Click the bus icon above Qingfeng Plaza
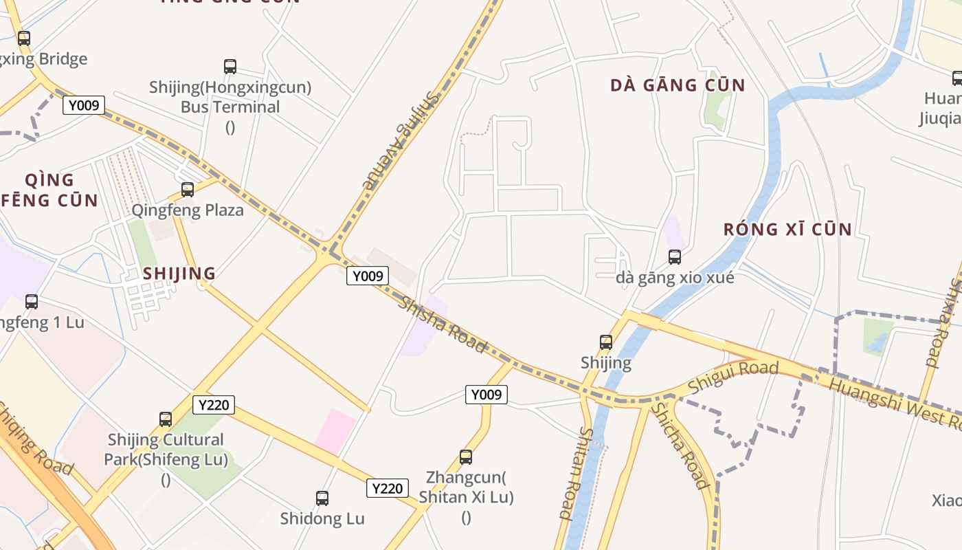click(x=188, y=190)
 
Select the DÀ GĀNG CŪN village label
click(x=678, y=85)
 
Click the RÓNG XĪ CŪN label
click(x=787, y=229)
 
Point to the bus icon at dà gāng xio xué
click(x=675, y=257)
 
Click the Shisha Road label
click(x=443, y=324)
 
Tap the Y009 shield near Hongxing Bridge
click(x=84, y=106)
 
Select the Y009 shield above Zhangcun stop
click(x=486, y=395)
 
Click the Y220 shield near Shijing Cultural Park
click(x=213, y=405)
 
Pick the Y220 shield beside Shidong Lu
click(x=387, y=488)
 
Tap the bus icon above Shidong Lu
click(x=322, y=498)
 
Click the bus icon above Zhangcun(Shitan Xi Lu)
click(x=466, y=456)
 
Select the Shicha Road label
click(x=680, y=446)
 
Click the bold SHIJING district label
click(x=179, y=273)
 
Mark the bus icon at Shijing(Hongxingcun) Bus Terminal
click(x=230, y=67)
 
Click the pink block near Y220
click(x=336, y=430)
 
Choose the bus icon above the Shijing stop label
click(x=606, y=342)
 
